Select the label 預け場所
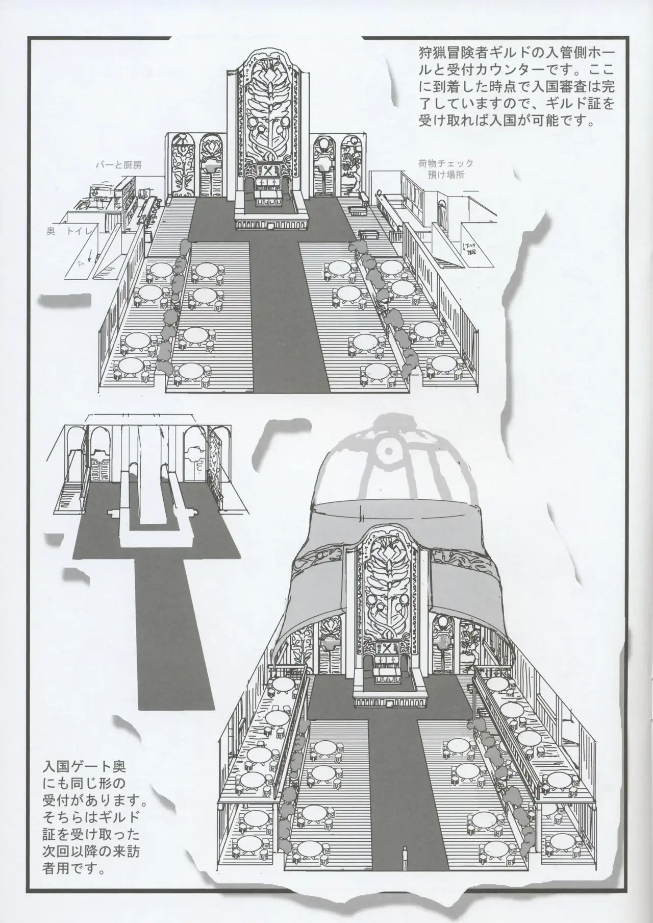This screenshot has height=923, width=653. click(x=447, y=175)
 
